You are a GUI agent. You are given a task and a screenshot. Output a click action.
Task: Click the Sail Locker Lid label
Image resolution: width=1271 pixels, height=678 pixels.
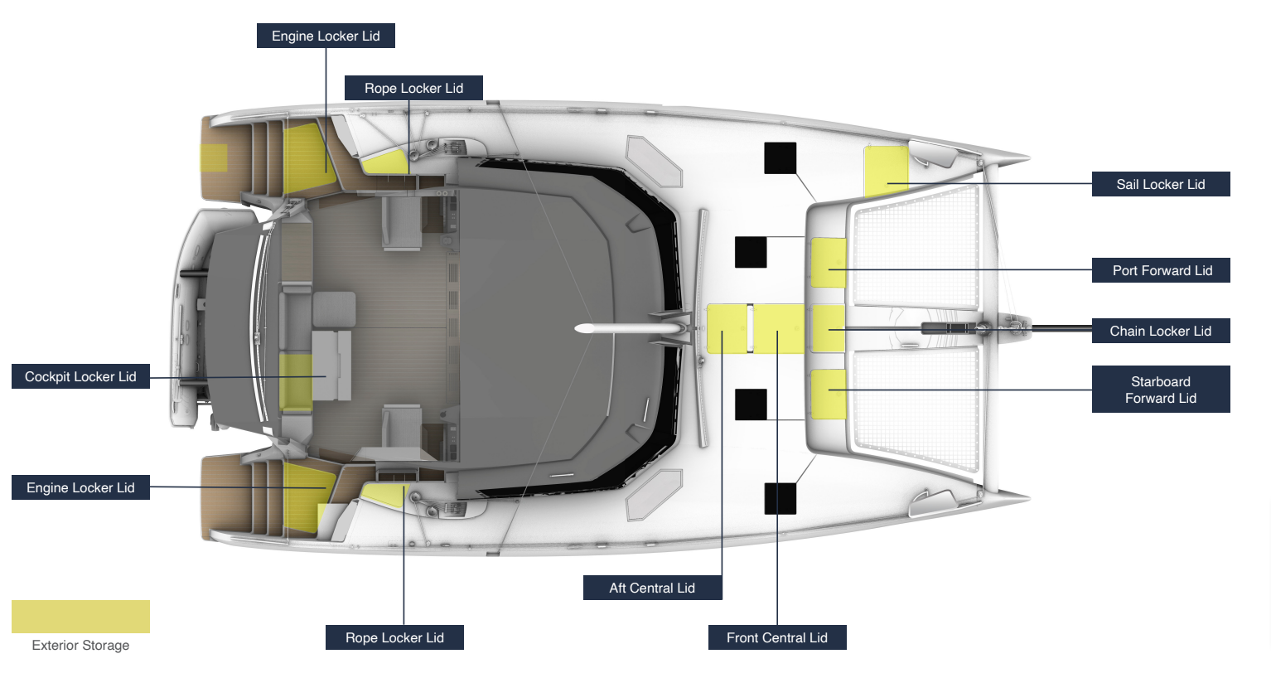click(x=1160, y=184)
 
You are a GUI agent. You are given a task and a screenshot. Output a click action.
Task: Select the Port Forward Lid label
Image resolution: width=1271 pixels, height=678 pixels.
click(x=1160, y=270)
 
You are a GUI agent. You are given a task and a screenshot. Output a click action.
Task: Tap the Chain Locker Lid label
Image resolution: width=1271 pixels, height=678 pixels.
click(x=1160, y=331)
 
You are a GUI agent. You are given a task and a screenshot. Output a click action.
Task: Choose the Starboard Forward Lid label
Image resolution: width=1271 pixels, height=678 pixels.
click(x=1160, y=390)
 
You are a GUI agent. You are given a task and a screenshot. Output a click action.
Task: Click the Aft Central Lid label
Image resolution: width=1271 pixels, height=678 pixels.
click(x=652, y=588)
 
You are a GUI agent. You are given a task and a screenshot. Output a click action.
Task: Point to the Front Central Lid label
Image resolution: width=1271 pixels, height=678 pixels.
click(x=776, y=637)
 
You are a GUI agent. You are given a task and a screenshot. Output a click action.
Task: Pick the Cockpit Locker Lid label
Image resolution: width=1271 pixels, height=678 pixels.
click(x=80, y=376)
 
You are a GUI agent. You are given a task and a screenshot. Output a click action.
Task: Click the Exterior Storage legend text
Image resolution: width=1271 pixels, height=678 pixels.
click(x=80, y=645)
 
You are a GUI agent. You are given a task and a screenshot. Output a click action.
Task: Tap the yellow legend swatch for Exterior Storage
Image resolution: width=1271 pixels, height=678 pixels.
click(x=80, y=617)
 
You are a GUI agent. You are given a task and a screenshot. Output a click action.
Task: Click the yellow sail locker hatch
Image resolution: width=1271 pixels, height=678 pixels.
click(x=886, y=170)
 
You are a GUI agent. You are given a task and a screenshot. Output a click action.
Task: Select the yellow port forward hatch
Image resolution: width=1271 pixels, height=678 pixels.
click(x=828, y=262)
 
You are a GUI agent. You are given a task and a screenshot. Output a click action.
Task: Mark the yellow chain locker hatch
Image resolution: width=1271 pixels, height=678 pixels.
click(x=828, y=328)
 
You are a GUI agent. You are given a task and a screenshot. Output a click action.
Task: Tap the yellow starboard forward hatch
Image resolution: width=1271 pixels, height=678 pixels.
click(x=828, y=394)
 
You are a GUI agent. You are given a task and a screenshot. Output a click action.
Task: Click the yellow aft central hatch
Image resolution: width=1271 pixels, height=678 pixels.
click(x=726, y=328)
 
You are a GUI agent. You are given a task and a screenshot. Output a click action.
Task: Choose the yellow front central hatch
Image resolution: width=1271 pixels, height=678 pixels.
click(x=778, y=328)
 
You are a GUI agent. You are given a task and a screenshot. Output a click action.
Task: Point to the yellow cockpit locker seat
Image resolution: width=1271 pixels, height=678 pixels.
click(x=295, y=382)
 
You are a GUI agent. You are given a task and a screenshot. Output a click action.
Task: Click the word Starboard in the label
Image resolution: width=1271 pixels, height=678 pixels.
click(x=1160, y=381)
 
